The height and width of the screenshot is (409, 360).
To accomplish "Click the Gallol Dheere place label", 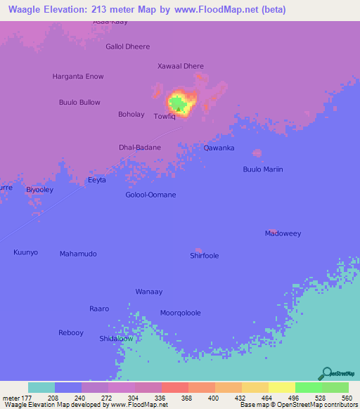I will coord(127,47).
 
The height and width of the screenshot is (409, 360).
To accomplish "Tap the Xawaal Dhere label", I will coord(181,67).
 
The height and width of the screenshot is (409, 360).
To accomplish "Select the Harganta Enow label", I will coord(78,76).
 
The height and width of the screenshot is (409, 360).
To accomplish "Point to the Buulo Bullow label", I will coord(79,103).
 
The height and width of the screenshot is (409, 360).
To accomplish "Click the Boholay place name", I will coord(131,115).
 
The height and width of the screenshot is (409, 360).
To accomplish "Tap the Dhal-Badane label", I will coord(140,148).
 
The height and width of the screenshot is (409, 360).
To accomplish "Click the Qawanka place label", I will coord(219,148).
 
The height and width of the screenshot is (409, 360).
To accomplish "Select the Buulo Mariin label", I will coord(262,169).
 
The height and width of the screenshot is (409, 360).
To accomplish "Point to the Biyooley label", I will coord(39,190).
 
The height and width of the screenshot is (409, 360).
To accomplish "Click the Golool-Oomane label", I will coord(150,195).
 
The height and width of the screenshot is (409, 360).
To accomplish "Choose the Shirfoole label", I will coord(205,256).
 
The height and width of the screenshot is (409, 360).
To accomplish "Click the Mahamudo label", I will coord(78,254).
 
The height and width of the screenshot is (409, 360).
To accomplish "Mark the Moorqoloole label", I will coord(181,313).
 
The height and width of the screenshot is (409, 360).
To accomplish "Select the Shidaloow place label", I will coord(116,339).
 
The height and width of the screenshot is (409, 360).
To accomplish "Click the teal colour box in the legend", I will coord(41,387).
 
